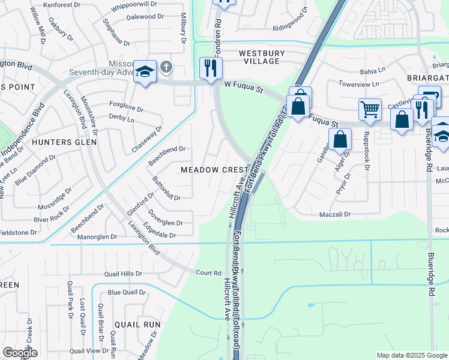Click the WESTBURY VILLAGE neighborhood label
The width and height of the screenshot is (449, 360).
pos(259,57)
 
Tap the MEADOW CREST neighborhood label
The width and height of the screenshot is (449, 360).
pos(215,170)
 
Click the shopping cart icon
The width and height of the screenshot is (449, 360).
pos(370,110)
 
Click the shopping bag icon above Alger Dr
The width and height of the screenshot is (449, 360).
pos(340,139)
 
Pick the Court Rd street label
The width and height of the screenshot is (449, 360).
pos(209,272)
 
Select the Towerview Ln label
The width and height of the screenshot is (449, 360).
pos(360,83)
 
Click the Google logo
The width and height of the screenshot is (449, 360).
pos(20,352)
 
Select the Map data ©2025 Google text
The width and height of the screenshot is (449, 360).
pos(411,355)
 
